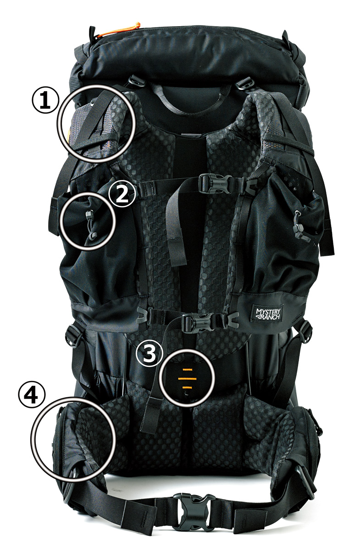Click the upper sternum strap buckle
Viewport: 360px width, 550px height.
216,183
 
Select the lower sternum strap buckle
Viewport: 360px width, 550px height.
199,323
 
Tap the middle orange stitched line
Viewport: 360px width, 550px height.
187,379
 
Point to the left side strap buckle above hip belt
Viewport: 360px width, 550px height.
73,335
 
